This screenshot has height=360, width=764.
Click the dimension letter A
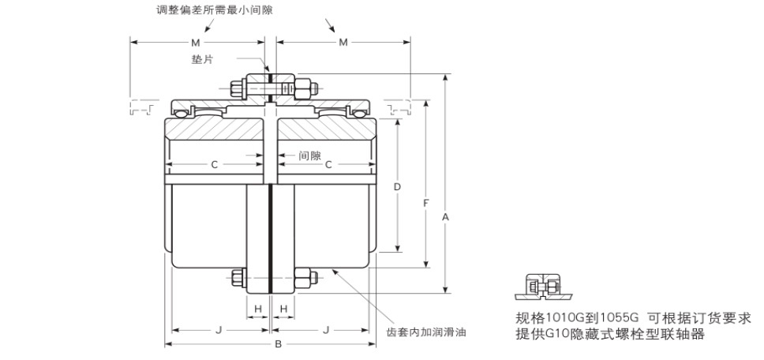click(x=445, y=217)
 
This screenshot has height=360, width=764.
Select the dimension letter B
click(x=279, y=344)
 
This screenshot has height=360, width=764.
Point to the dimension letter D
click(x=397, y=186)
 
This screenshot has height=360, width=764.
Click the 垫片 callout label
click(x=202, y=59)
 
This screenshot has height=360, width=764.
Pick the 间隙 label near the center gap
click(x=309, y=156)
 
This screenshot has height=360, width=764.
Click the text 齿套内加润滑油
click(x=426, y=332)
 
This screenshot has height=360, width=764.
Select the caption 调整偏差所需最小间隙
click(x=215, y=9)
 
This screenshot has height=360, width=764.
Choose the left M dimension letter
click(x=196, y=43)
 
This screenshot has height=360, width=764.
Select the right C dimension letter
click(x=328, y=165)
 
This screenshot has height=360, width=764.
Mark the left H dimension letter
click(x=258, y=309)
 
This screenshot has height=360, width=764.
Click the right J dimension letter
click(x=326, y=330)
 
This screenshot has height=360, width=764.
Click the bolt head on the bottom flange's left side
click(x=238, y=277)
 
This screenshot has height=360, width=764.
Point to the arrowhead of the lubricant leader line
click(x=334, y=271)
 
